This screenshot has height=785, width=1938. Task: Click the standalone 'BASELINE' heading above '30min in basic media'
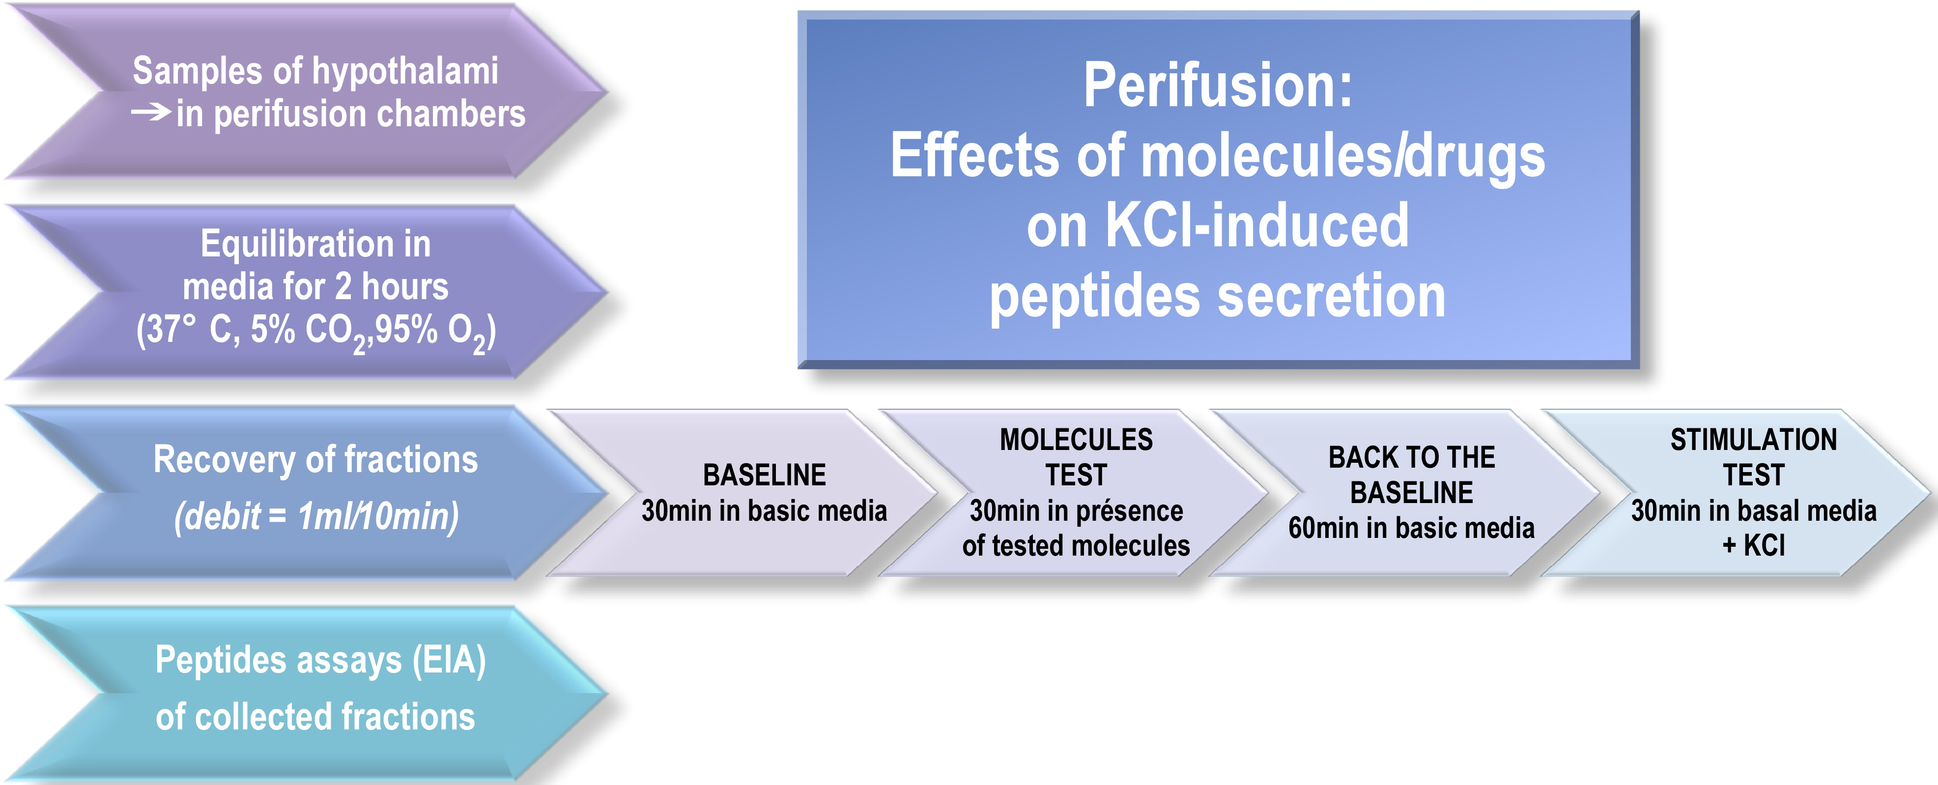tap(765, 475)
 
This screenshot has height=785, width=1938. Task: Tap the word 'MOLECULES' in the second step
tap(1076, 440)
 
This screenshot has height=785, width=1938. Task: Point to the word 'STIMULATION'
tap(1754, 440)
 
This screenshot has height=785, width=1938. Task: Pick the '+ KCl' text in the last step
tap(1754, 546)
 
